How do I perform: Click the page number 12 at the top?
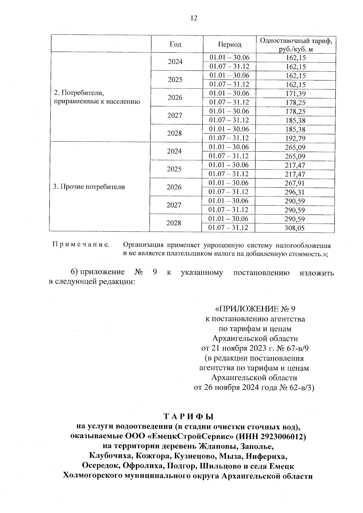[194, 18]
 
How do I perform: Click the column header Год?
[175, 44]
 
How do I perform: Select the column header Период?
[230, 44]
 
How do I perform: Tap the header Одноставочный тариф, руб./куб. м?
[295, 44]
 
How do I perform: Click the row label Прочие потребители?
[89, 187]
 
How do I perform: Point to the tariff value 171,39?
[295, 94]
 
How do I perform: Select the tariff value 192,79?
[295, 138]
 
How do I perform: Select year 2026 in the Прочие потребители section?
[174, 187]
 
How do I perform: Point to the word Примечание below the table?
[81, 244]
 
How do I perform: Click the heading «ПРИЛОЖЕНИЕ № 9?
[255, 309]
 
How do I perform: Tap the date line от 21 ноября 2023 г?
[255, 348]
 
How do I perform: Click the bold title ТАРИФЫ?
[189, 417]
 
